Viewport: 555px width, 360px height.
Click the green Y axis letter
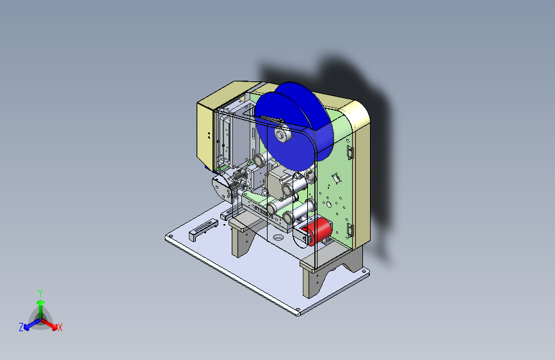tap(40, 293)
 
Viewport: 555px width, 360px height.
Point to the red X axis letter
tap(60, 327)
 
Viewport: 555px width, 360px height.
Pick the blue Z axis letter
tap(21, 327)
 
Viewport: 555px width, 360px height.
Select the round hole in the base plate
tap(278, 237)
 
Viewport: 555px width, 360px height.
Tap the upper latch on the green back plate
tap(350, 152)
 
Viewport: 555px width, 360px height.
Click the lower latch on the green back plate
tap(350, 231)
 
